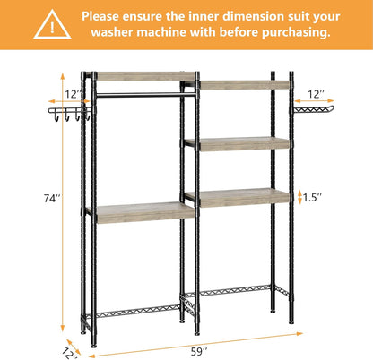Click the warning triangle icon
[52, 25]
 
